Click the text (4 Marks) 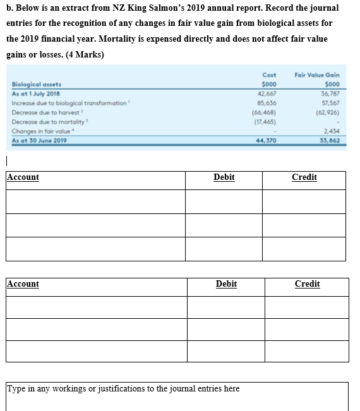[x=85, y=54]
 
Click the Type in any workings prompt [x=123, y=388]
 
